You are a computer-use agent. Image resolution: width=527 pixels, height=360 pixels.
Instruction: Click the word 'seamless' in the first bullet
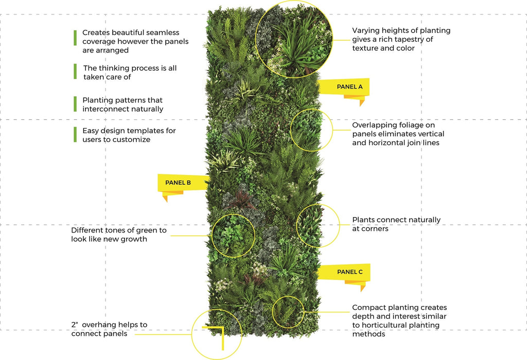click(x=163, y=32)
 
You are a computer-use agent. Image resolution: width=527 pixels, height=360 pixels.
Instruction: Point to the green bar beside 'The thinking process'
click(x=75, y=71)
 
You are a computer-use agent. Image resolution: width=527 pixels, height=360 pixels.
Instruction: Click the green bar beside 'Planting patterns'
click(x=75, y=104)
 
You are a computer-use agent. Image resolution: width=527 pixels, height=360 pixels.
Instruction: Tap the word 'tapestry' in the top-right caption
click(x=408, y=40)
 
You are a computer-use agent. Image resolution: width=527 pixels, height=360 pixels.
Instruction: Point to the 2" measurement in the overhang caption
click(x=75, y=325)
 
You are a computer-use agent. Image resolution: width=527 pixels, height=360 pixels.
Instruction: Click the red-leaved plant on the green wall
click(x=240, y=200)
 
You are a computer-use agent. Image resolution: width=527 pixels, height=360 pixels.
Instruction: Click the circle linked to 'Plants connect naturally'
click(x=318, y=226)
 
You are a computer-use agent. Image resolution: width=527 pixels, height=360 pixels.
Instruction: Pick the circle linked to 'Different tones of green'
click(x=233, y=236)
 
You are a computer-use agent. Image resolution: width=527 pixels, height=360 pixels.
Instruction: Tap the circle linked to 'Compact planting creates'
click(x=288, y=312)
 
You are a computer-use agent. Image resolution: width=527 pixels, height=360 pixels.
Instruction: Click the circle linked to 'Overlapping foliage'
click(x=311, y=130)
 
